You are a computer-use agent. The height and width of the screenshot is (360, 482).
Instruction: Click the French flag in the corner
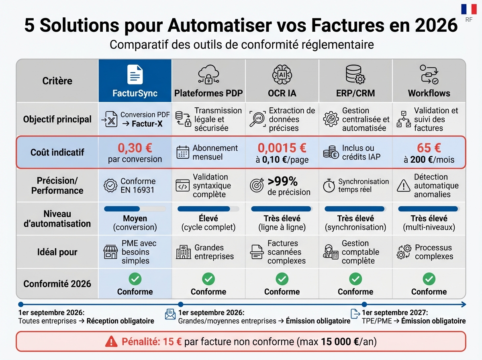coord(469,9)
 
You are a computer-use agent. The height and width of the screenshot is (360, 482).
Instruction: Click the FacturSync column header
coord(135,93)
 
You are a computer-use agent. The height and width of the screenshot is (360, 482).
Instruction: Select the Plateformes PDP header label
coord(208,93)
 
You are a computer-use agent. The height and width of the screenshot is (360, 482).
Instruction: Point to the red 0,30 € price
coord(135,148)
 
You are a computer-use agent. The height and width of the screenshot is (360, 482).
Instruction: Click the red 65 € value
coord(429,148)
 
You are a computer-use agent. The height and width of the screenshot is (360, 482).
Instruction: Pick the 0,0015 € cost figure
coord(282,148)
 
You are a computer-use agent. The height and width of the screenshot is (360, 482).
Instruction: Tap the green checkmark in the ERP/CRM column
coord(355,278)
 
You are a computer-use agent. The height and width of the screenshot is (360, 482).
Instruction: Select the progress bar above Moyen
coord(135,209)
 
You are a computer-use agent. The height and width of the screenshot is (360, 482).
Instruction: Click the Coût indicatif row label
coord(57,153)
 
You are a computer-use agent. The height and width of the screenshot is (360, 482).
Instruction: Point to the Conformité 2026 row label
coord(57,284)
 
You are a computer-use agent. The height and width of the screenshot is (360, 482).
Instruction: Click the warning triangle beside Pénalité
coord(111,342)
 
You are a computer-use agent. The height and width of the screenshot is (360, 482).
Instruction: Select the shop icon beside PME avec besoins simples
coord(110,252)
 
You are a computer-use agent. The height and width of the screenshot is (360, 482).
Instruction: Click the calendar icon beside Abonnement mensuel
coord(183,153)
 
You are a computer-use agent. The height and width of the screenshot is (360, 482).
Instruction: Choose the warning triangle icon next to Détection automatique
coord(403,186)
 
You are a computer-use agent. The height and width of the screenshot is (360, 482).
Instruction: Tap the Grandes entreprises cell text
coord(214,252)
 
